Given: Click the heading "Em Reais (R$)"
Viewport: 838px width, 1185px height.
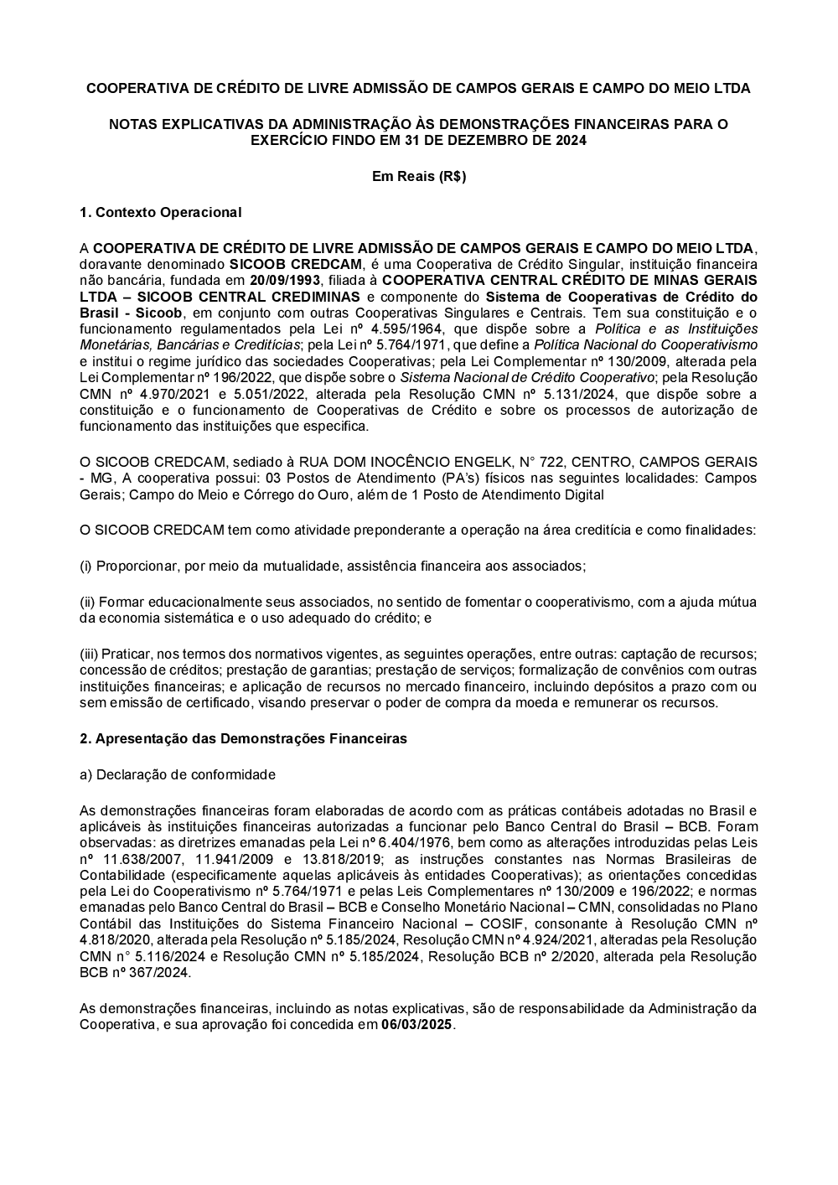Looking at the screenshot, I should point(418,177).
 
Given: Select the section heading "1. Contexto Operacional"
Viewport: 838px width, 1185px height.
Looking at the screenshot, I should point(160,213).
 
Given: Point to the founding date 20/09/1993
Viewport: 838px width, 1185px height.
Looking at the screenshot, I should point(286,280).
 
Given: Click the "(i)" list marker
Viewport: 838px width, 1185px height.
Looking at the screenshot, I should point(85,566).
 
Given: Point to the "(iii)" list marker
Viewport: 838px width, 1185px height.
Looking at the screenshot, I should point(89,654).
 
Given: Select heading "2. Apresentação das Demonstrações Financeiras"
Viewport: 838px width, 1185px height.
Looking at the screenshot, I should point(243,739).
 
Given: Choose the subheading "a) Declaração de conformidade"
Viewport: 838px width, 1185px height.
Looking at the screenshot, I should point(177,774).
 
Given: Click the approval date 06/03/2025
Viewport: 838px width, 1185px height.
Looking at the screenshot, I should point(416,1024).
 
